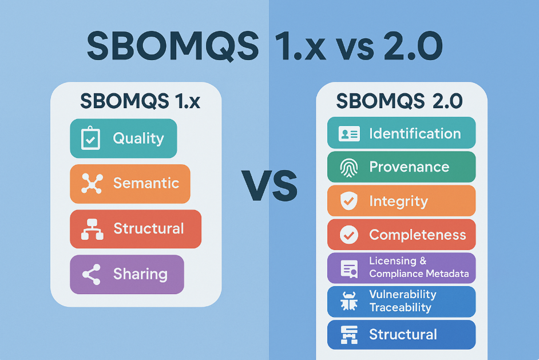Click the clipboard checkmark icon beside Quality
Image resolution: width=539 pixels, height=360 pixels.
(90, 138)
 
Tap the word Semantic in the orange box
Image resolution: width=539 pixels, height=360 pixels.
(146, 183)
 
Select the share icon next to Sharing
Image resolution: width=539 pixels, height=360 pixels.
(92, 274)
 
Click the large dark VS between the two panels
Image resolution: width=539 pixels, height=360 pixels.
(269, 185)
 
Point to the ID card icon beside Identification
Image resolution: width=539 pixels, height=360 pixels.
(349, 133)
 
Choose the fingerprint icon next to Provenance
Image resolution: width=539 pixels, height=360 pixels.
(349, 168)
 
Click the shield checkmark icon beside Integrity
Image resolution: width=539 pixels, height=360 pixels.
(349, 201)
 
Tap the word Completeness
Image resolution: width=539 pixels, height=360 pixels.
(418, 235)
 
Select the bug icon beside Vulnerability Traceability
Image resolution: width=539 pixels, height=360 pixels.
(349, 301)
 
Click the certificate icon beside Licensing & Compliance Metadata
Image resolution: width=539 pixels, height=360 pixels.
(349, 268)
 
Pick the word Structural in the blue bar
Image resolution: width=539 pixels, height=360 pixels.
(403, 334)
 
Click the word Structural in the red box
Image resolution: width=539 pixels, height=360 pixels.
(149, 228)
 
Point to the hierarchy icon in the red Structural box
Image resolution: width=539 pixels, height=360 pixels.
(92, 229)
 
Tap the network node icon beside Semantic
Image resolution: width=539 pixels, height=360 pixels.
(92, 184)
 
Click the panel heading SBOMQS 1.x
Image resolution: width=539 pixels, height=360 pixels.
(140, 101)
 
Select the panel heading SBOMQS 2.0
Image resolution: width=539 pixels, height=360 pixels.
(399, 101)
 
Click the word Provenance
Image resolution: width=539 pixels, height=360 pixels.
(409, 167)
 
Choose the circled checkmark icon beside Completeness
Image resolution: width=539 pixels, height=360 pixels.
(349, 235)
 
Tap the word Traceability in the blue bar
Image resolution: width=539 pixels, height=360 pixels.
(400, 307)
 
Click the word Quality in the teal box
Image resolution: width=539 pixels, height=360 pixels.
(138, 139)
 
